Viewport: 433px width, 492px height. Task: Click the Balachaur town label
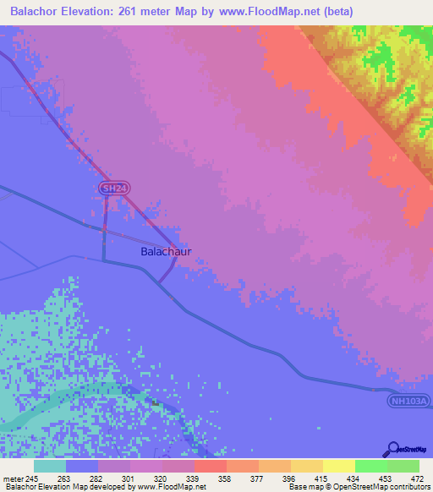[166, 252]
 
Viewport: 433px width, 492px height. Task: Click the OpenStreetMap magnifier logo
[391, 449]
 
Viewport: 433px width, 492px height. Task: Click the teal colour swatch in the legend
[49, 467]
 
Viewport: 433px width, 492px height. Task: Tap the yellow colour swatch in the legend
[338, 467]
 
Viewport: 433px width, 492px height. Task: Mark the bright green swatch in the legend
[370, 467]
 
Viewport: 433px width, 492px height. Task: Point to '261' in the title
[147, 11]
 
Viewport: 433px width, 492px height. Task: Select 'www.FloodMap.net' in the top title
[264, 11]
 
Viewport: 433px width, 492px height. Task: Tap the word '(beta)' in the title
[335, 11]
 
